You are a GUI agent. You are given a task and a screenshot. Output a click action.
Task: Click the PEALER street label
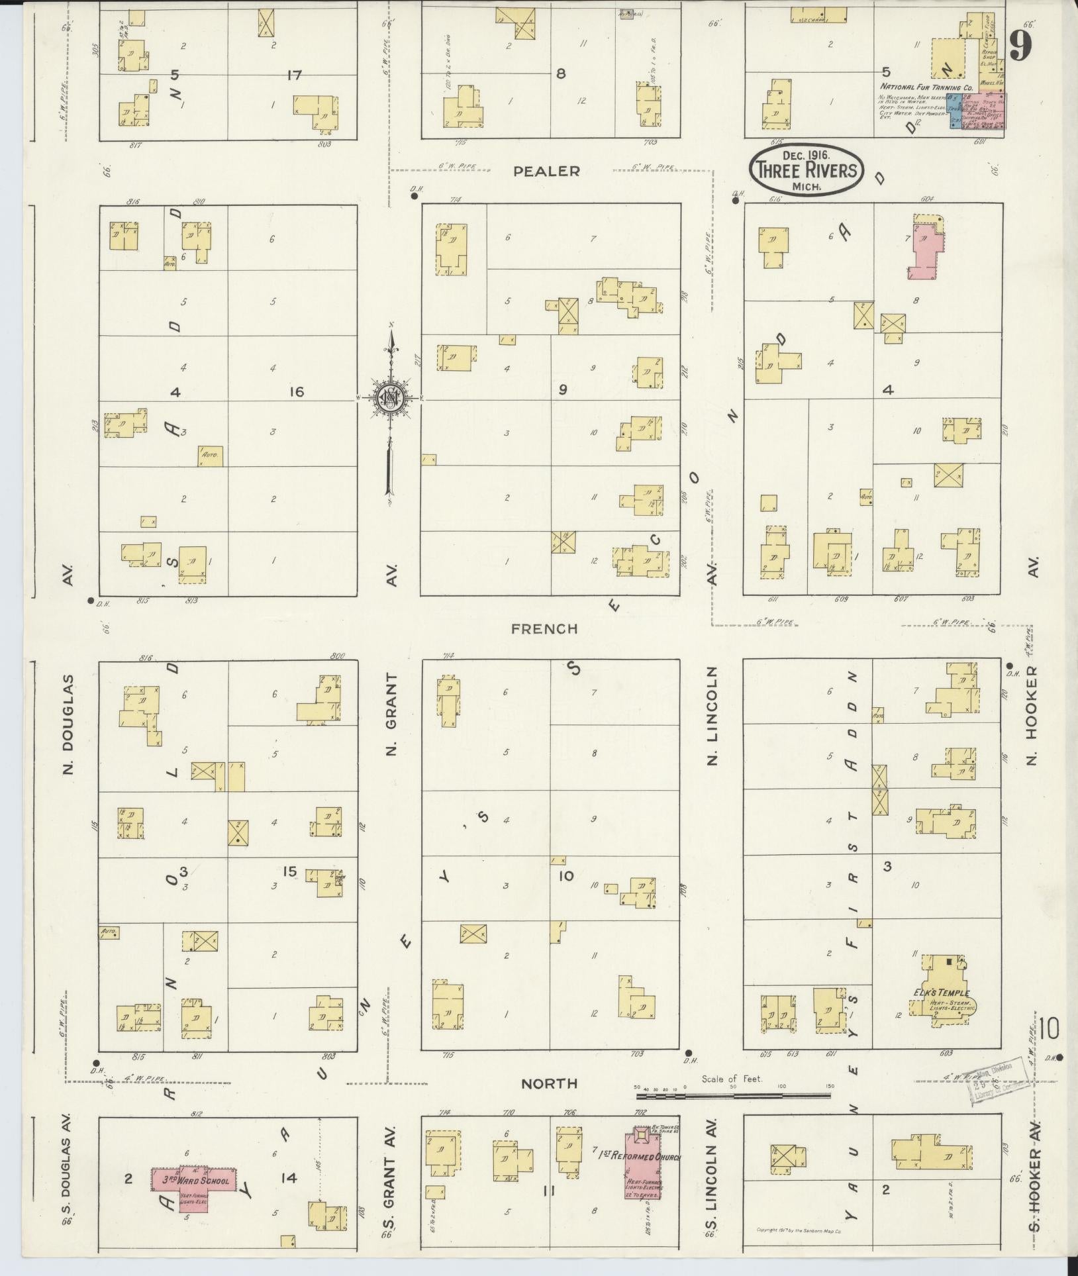tap(547, 172)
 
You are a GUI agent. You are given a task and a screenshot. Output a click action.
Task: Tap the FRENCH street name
tap(544, 628)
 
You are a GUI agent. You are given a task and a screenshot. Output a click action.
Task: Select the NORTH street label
tap(549, 1083)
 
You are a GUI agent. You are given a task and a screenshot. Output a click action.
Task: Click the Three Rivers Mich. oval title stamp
tap(807, 170)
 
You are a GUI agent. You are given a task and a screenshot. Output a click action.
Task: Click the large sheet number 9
tap(1021, 46)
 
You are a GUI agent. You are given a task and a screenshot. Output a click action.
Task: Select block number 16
tap(296, 392)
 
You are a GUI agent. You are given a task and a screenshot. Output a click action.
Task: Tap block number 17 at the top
tap(294, 75)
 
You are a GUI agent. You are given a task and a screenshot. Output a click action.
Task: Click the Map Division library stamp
tap(999, 1087)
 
